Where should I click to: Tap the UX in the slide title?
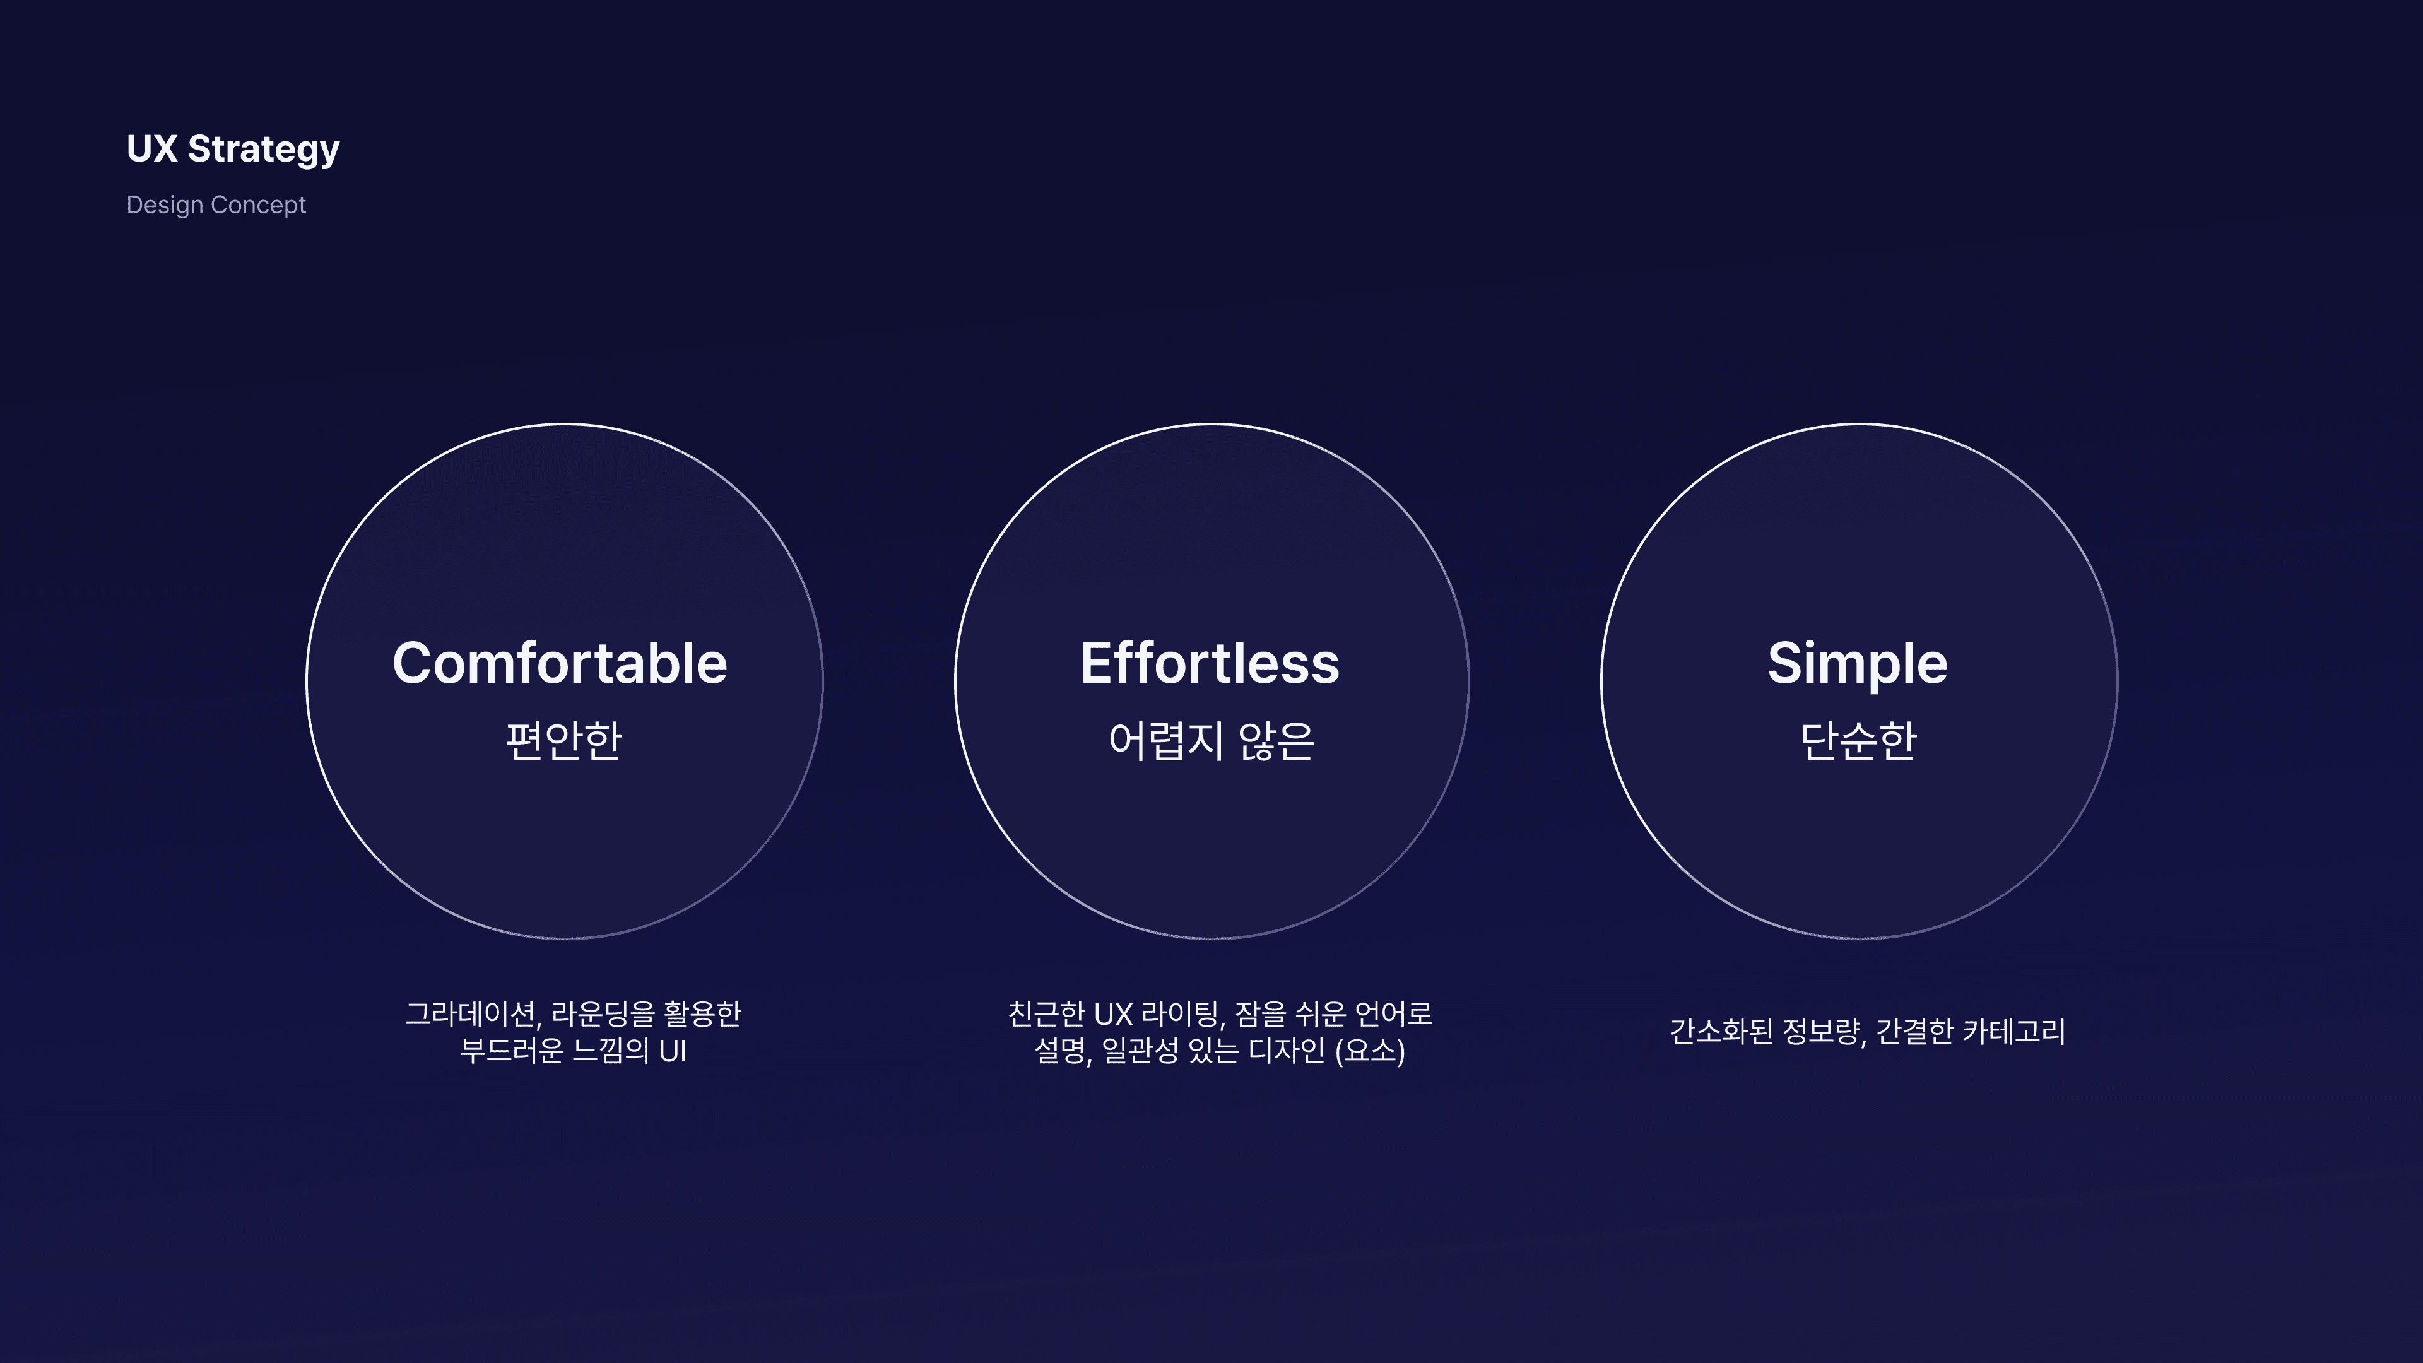[151, 149]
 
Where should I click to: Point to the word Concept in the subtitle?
[259, 205]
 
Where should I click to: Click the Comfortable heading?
[560, 663]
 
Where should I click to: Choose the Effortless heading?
[1210, 663]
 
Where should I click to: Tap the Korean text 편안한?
[564, 740]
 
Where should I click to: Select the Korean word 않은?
[1276, 740]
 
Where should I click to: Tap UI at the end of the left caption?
[673, 1051]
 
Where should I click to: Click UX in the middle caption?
[1112, 1014]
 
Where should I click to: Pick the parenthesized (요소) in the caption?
[1369, 1051]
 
